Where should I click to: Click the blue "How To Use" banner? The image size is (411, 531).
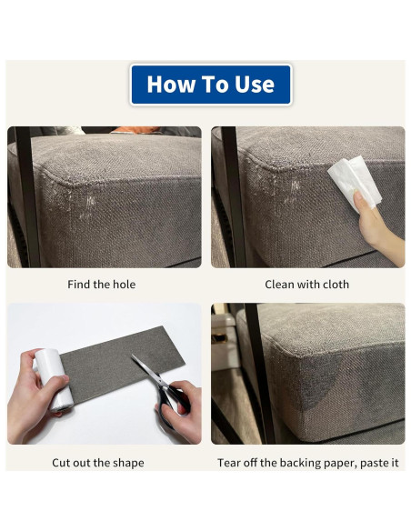pos(211,85)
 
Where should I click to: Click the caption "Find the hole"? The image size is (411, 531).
pos(101,285)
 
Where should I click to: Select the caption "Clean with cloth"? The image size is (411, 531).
pos(306,285)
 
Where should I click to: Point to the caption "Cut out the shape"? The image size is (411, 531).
pos(98,463)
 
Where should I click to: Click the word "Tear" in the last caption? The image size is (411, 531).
pos(229,463)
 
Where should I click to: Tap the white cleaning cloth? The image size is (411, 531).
pos(354,183)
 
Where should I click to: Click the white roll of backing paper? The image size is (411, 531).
pos(55,379)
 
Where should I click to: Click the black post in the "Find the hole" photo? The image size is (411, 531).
pos(27,196)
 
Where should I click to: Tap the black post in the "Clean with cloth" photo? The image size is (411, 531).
pos(234,196)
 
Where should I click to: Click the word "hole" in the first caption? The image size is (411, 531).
pos(125,285)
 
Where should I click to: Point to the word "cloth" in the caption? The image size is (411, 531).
pos(336,285)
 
